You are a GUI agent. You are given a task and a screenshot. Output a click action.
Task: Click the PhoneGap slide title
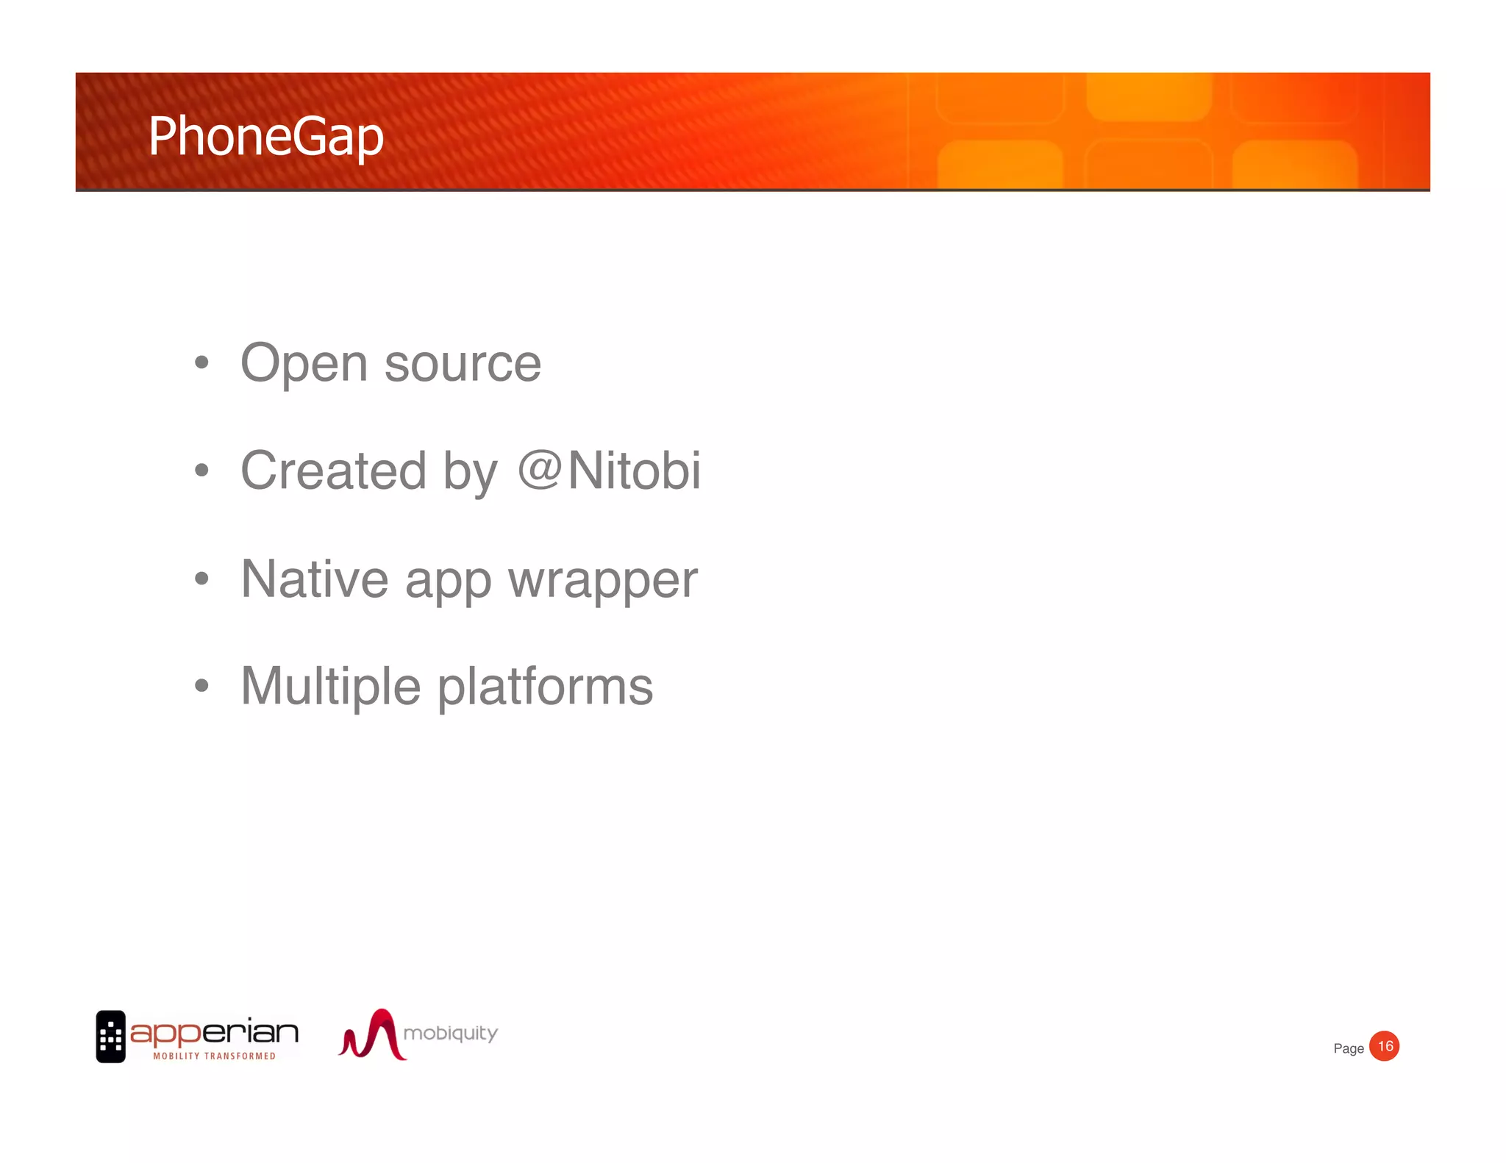click(x=265, y=137)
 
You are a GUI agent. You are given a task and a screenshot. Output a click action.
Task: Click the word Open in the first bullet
click(x=304, y=364)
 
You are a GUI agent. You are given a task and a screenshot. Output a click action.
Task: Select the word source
click(x=463, y=364)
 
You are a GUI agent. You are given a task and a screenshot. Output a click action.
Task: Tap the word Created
click(x=333, y=471)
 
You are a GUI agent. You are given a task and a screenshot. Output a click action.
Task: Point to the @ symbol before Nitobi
click(x=540, y=470)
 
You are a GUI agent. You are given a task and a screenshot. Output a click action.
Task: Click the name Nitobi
click(x=634, y=471)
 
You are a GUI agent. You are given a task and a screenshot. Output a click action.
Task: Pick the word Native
click(x=314, y=579)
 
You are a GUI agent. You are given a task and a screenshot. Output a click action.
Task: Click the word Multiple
click(x=331, y=687)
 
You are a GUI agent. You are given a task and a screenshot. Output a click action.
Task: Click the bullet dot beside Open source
click(x=201, y=362)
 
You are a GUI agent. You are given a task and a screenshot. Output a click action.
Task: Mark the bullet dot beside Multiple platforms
click(x=201, y=686)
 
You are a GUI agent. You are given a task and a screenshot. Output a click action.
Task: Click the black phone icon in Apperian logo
click(x=111, y=1037)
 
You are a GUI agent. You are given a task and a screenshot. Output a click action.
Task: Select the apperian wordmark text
click(x=214, y=1033)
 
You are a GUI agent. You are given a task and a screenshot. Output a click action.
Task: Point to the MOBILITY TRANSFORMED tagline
click(x=214, y=1056)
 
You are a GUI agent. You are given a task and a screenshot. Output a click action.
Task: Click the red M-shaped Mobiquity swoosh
click(x=374, y=1035)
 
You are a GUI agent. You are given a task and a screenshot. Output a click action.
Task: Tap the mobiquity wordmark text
click(x=450, y=1033)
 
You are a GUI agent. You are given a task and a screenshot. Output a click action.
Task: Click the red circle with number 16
click(x=1385, y=1046)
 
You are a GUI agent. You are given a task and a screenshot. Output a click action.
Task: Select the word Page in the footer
click(x=1348, y=1048)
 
